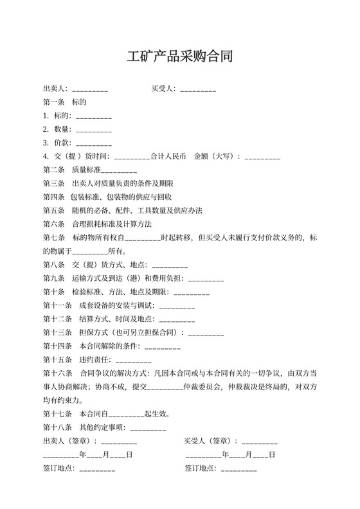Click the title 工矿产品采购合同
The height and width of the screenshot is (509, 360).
(179, 57)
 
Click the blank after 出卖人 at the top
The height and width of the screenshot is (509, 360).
(90, 89)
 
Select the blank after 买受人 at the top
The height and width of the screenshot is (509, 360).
(198, 89)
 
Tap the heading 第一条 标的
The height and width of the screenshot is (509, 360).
(64, 102)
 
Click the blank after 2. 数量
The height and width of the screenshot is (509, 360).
(94, 129)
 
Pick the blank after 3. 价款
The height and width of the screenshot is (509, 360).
(94, 143)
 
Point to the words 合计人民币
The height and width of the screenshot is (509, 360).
(168, 156)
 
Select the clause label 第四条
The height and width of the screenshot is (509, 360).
(53, 197)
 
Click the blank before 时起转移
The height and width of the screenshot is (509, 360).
(143, 237)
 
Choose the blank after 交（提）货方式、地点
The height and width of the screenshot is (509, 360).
(170, 264)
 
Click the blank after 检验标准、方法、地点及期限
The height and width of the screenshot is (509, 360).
(192, 291)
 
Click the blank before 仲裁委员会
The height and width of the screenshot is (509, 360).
(165, 386)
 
